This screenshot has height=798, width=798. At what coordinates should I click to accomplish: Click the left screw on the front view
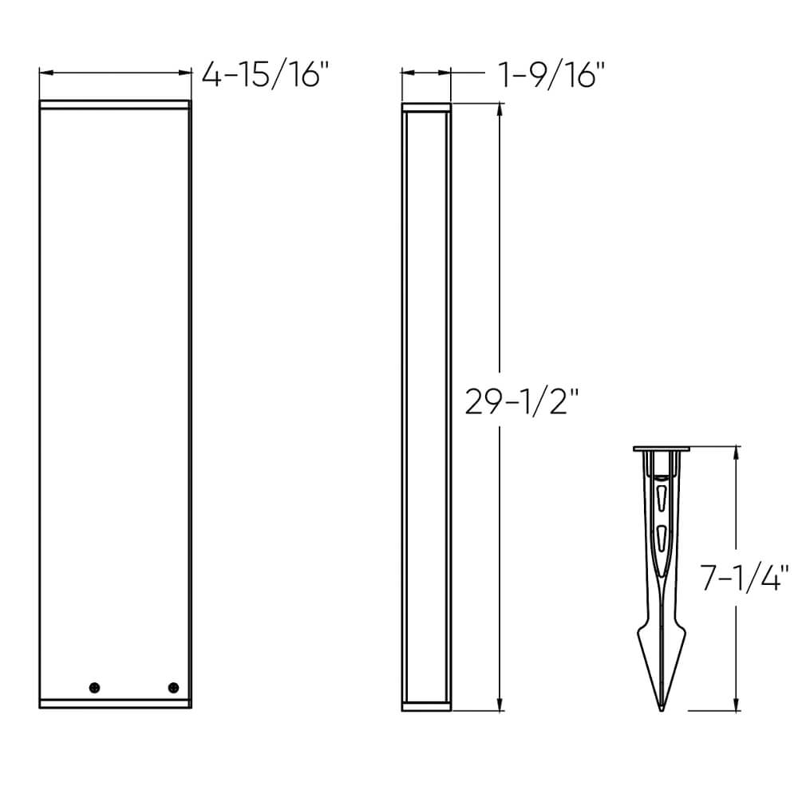pyautogui.click(x=96, y=687)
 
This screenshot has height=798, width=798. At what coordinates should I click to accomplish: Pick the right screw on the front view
pyautogui.click(x=172, y=687)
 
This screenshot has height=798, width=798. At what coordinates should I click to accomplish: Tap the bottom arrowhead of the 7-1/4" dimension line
pyautogui.click(x=734, y=705)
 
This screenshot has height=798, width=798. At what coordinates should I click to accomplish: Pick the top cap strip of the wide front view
pyautogui.click(x=116, y=105)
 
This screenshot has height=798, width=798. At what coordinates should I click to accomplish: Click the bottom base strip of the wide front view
pyautogui.click(x=116, y=703)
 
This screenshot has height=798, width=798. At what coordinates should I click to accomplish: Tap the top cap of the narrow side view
pyautogui.click(x=426, y=107)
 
